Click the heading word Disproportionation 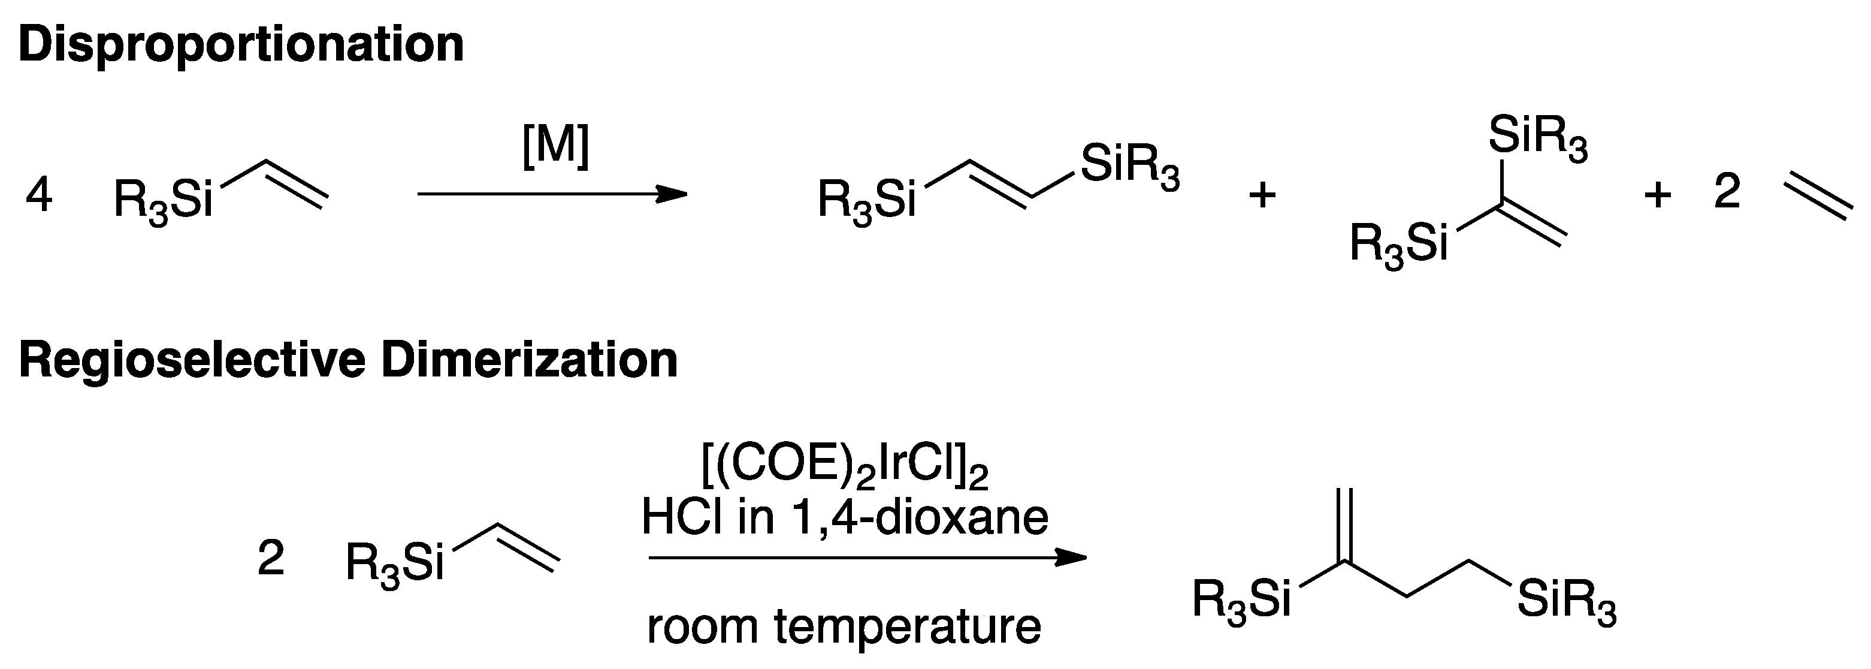pyautogui.click(x=241, y=45)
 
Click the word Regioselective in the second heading pyautogui.click(x=192, y=360)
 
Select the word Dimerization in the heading pyautogui.click(x=529, y=360)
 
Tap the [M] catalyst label pyautogui.click(x=555, y=147)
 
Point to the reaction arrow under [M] pyautogui.click(x=552, y=195)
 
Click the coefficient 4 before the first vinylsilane pyautogui.click(x=38, y=196)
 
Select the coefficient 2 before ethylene pyautogui.click(x=1727, y=193)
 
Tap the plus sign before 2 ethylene pyautogui.click(x=1658, y=195)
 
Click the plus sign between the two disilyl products pyautogui.click(x=1262, y=195)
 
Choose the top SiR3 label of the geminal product pyautogui.click(x=1538, y=137)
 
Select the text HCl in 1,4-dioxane pyautogui.click(x=845, y=517)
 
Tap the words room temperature pyautogui.click(x=844, y=626)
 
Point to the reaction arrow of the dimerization pyautogui.click(x=868, y=558)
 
